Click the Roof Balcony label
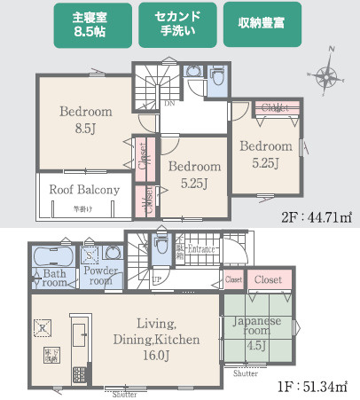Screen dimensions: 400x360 pos(84,190)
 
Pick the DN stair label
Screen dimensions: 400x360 pos(168,104)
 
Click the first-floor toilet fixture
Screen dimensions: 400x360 pos(161,246)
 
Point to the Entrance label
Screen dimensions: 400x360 pos(201,249)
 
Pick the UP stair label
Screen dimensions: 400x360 pos(156,280)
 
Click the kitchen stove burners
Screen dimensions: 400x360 pos(78,373)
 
